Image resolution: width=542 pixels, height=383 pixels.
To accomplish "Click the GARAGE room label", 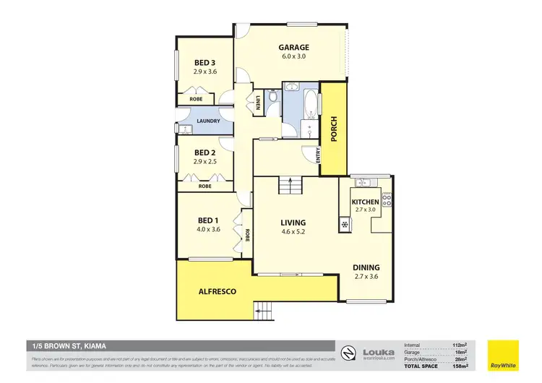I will (x=294, y=48).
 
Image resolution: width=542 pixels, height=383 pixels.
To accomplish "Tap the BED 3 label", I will (x=205, y=63).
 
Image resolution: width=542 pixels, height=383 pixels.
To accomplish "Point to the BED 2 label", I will (x=205, y=152).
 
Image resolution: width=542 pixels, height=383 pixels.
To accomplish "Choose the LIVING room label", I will (x=293, y=222).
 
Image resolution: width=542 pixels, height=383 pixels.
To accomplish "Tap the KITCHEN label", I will (x=365, y=202).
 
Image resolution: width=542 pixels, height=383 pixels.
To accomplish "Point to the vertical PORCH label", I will (x=333, y=129).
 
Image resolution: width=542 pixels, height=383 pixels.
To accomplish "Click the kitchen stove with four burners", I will (x=387, y=199).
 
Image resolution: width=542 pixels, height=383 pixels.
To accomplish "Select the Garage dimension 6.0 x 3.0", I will (x=294, y=58).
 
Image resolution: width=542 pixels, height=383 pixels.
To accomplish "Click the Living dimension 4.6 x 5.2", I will (x=293, y=232).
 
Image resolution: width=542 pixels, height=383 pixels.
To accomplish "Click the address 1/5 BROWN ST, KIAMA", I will (x=68, y=346).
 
